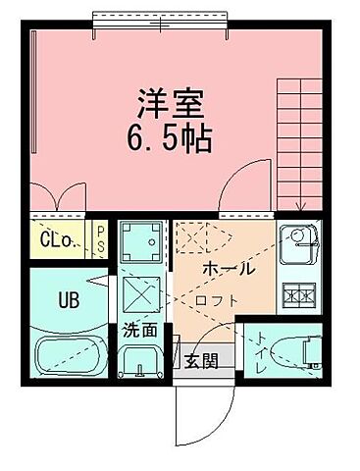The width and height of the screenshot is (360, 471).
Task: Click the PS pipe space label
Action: coord(100,239)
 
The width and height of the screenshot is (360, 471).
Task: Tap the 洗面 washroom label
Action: coord(140,331)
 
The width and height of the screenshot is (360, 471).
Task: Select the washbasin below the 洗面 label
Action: coord(142,366)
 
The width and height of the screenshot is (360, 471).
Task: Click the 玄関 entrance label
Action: coord(201,359)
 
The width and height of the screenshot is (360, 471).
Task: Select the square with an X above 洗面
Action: coord(144,290)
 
